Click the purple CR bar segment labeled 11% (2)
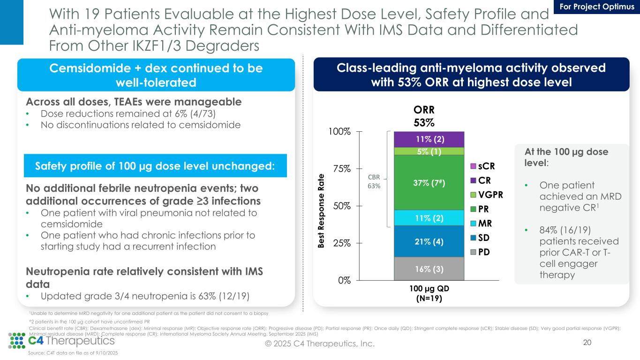click(x=429, y=139)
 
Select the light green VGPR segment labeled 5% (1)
click(x=429, y=151)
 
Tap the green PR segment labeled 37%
click(x=429, y=182)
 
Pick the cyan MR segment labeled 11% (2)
click(x=429, y=217)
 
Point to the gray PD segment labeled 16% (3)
click(x=429, y=269)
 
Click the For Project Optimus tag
click(x=597, y=7)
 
